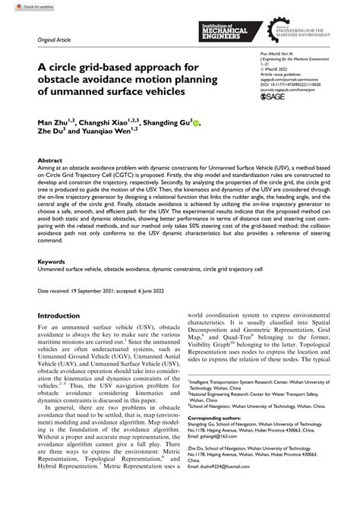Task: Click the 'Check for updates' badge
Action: (x=23, y=5)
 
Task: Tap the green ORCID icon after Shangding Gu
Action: (x=196, y=122)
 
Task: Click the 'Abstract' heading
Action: (x=50, y=162)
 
